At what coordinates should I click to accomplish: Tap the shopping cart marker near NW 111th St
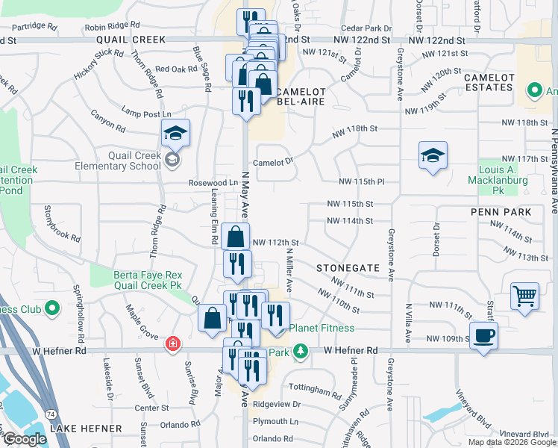[525, 296]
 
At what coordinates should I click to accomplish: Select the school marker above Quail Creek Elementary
[175, 134]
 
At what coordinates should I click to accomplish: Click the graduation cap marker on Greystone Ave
[433, 156]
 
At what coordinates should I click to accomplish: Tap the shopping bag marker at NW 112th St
[236, 237]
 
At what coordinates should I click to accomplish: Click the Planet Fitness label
[322, 328]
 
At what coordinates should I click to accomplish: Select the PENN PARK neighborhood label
[501, 212]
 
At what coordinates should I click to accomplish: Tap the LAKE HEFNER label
[86, 428]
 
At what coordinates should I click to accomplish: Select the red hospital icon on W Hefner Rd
[173, 344]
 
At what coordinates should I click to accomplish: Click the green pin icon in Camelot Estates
[534, 91]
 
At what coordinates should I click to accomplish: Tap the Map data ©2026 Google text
[511, 442]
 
